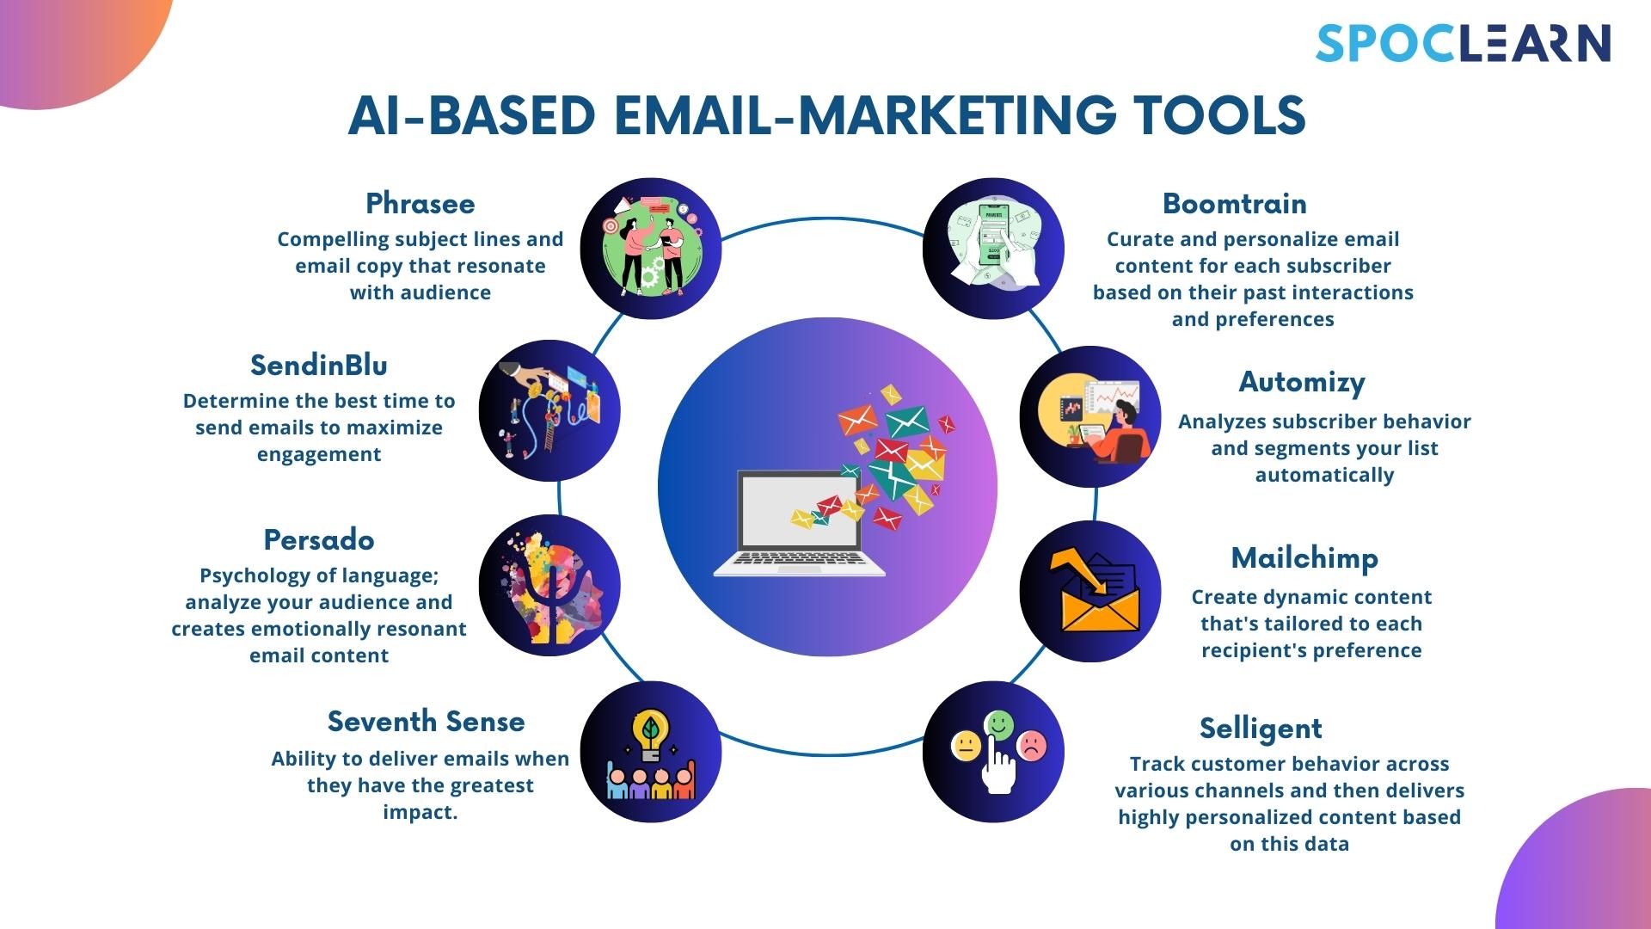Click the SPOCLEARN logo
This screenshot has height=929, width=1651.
click(x=1463, y=43)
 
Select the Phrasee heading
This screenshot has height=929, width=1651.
click(x=420, y=204)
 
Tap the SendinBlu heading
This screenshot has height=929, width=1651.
click(x=318, y=366)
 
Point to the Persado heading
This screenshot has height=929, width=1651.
click(x=318, y=540)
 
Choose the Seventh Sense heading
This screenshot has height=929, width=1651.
click(x=426, y=722)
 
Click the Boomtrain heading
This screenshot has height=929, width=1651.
click(x=1234, y=204)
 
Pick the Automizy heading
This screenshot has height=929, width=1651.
click(x=1301, y=383)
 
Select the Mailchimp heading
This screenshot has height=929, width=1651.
click(x=1304, y=558)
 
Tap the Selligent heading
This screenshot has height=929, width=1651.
click(x=1261, y=729)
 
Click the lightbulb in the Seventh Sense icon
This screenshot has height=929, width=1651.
click(x=651, y=733)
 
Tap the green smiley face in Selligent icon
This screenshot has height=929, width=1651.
click(x=998, y=724)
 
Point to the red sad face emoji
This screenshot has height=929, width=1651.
click(x=1032, y=745)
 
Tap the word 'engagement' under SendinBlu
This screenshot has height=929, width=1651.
click(x=318, y=454)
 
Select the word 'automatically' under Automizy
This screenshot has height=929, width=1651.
click(x=1323, y=475)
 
